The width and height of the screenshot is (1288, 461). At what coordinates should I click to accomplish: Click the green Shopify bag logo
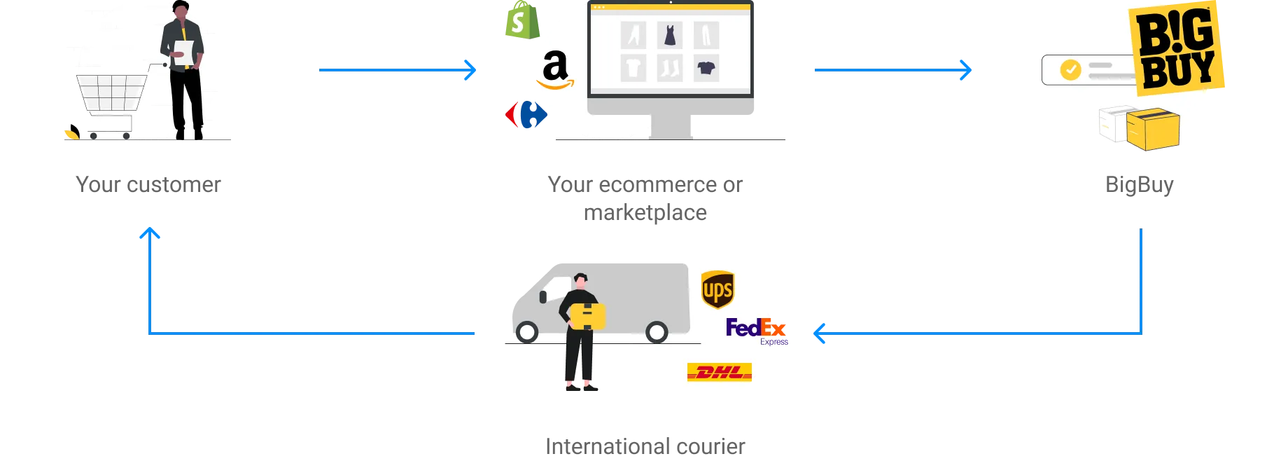[521, 21]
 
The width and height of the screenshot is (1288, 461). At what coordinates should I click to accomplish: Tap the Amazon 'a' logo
[555, 70]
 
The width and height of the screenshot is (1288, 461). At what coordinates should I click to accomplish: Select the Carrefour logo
[525, 114]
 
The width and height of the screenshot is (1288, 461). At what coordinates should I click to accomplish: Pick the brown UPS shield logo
[717, 289]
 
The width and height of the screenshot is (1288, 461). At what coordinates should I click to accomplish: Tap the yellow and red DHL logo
[720, 372]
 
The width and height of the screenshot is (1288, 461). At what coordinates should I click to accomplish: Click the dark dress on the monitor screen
[670, 35]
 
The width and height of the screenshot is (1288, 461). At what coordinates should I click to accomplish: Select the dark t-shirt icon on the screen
[706, 68]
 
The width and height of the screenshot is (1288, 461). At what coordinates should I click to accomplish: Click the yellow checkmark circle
[1070, 69]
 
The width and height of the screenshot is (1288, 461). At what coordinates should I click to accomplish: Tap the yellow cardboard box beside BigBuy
[1152, 130]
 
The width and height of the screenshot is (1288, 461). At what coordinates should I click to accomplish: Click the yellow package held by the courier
[588, 316]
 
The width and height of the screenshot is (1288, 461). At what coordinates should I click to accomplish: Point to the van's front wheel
[526, 331]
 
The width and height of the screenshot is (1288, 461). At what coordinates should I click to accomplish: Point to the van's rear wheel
[657, 331]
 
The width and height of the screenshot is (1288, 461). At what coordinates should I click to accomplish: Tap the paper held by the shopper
[184, 53]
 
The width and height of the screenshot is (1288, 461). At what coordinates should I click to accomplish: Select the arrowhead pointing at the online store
[469, 70]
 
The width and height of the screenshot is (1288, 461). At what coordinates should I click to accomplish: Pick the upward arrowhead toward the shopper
[149, 233]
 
